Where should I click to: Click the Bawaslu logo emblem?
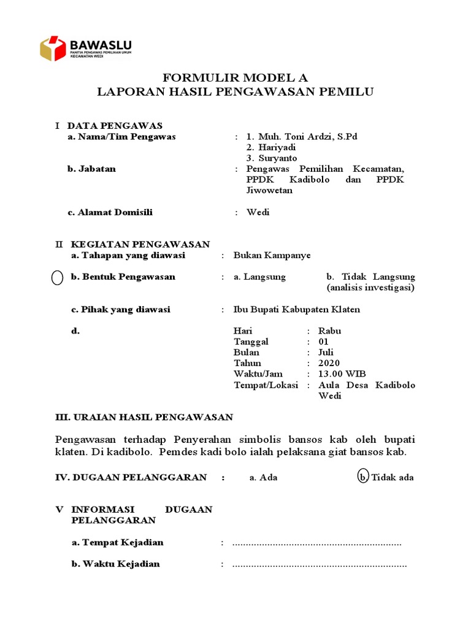pos(53,48)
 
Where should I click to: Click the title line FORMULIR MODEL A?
pos(235,78)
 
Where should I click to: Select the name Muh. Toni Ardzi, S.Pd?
pos(301,137)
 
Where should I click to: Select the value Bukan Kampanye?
pos(272,255)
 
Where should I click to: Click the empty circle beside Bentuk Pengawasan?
pos(57,278)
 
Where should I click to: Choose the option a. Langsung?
pos(259,277)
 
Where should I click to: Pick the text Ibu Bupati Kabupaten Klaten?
pos(297,310)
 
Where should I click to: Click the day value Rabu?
pos(330,331)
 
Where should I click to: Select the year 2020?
pos(329,363)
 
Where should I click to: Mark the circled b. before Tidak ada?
pos(363,477)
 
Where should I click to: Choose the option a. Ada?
pos(263,477)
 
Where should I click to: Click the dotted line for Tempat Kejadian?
pos(316,543)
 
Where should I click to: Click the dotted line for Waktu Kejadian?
pos(319,564)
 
